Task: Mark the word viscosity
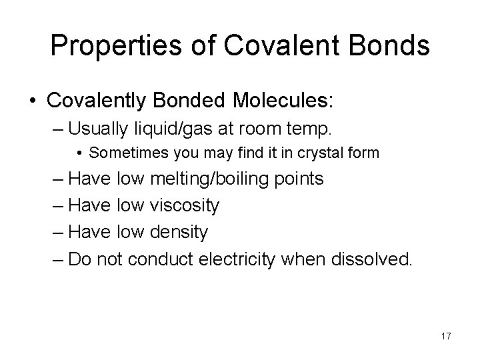click(x=186, y=206)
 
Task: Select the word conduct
click(x=157, y=259)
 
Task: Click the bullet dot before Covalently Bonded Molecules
click(x=32, y=102)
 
